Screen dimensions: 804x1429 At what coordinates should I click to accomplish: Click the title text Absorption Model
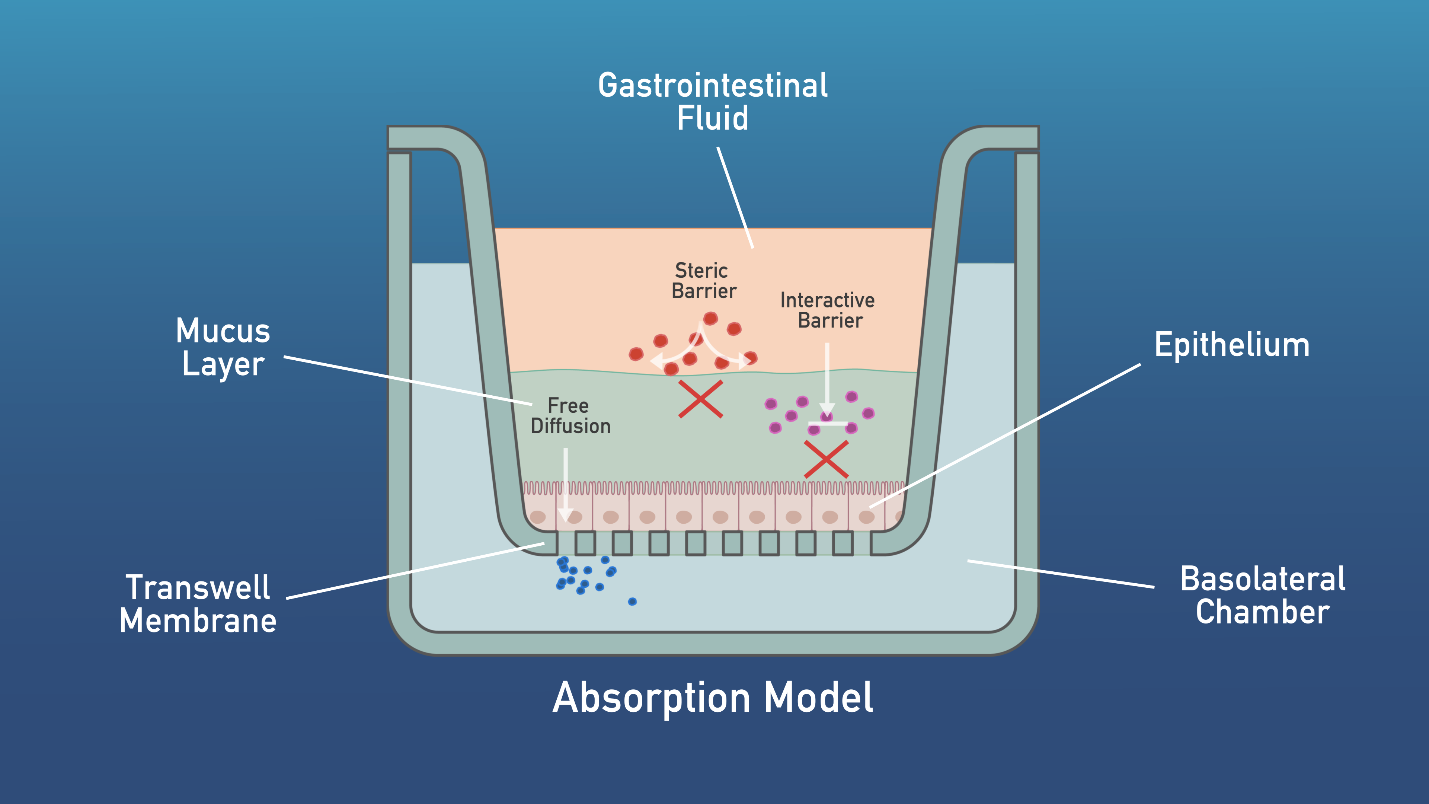coord(713,698)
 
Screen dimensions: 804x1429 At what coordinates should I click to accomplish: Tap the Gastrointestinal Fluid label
coord(713,102)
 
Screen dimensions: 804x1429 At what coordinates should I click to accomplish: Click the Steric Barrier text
coord(703,281)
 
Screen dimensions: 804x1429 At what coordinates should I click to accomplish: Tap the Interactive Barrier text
coord(828,310)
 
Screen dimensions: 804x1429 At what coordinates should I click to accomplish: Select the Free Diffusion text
coord(570,416)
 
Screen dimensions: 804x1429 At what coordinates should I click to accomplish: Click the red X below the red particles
coord(701,399)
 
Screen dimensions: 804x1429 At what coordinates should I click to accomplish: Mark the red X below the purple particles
coord(826,459)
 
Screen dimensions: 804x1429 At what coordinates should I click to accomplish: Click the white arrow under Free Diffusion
coord(565,483)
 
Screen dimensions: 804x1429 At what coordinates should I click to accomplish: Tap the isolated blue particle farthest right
coord(632,602)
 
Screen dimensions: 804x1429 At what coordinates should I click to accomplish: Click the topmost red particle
coord(711,318)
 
